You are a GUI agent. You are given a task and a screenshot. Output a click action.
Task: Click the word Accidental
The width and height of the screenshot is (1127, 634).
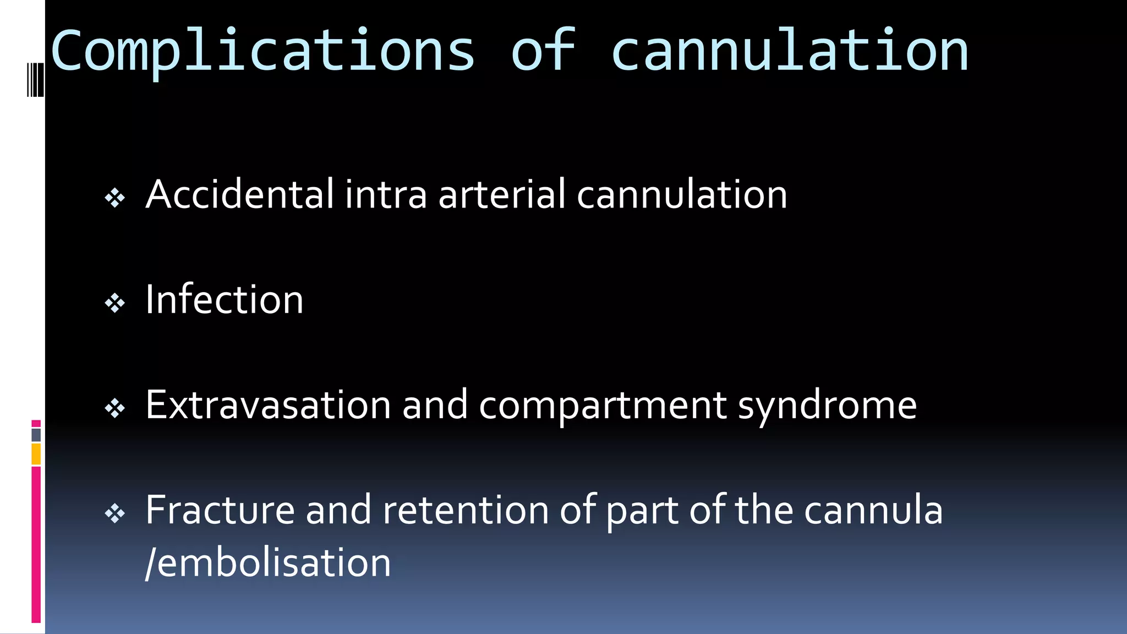239,194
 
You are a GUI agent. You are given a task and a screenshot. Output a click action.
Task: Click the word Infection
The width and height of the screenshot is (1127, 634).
224,300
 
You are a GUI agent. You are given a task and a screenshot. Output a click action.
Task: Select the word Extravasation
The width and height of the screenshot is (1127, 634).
268,405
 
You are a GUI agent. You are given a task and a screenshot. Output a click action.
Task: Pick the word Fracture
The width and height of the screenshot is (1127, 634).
220,510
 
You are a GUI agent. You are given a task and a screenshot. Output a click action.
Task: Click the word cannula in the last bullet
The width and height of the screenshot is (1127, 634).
873,510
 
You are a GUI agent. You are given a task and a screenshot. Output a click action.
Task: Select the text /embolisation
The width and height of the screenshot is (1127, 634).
268,563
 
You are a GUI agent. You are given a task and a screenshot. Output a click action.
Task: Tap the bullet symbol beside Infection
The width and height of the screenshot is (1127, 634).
115,303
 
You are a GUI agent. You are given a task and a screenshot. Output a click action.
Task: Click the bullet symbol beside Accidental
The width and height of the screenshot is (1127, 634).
115,198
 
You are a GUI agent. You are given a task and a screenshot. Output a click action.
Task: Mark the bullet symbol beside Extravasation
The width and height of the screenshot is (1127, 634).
115,408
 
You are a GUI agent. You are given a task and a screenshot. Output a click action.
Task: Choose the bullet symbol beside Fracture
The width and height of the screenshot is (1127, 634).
115,514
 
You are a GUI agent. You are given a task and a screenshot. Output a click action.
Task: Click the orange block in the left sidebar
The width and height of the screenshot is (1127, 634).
36,455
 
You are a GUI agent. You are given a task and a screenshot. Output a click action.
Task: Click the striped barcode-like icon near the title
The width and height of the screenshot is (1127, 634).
35,80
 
